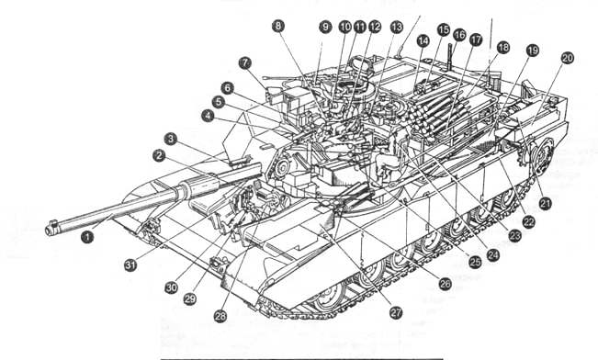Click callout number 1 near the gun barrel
coord(87,237)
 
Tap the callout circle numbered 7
coord(245,63)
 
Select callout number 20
coord(568,58)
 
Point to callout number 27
coord(396,313)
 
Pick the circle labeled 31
coord(130,264)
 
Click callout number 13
coord(397,27)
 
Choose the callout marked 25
coord(475,263)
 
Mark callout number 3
coord(171,139)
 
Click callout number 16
coord(459,35)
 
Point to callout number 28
coord(220,316)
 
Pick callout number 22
coord(528,221)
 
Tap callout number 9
coord(325,27)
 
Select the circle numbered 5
coord(218,102)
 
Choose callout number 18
coord(503,47)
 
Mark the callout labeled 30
coord(172,287)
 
